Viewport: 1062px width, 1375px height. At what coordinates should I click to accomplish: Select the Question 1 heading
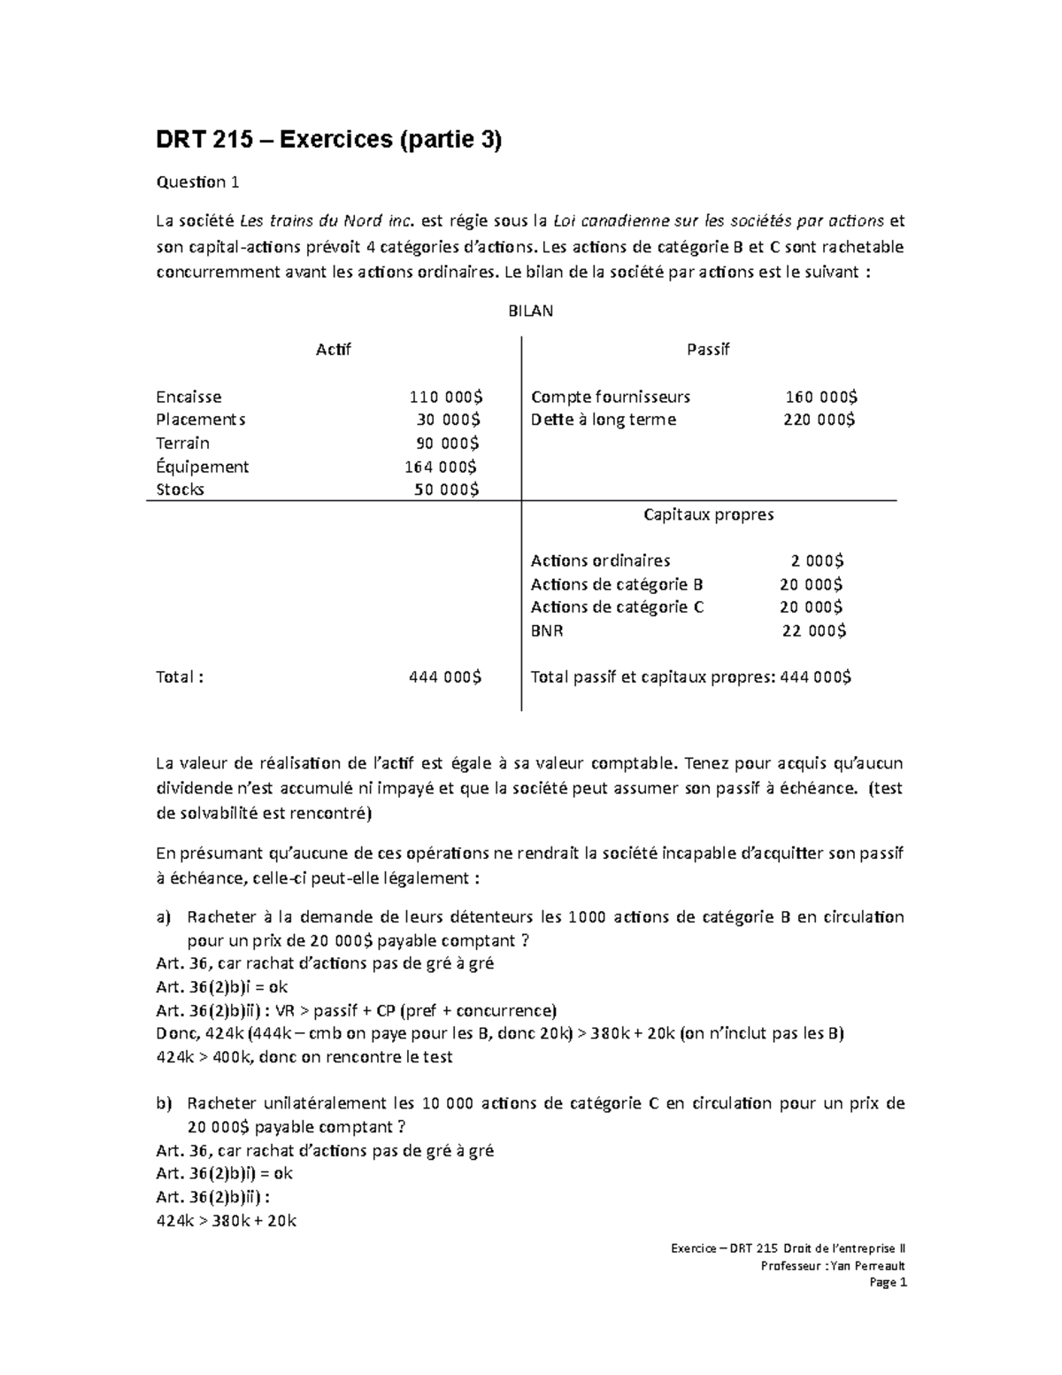coord(197,182)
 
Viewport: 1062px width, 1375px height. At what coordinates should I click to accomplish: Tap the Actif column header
coord(334,350)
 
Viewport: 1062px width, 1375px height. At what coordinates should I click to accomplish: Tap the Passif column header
coord(708,350)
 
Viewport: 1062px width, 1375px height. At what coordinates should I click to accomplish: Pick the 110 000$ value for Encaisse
coord(446,397)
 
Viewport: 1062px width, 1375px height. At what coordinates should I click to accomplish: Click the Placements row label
coord(201,420)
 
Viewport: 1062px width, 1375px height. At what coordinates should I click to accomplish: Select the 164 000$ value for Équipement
coord(441,467)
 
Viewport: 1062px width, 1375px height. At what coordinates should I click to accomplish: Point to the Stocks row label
coord(180,490)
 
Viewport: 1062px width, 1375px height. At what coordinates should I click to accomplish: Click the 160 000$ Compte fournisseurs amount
coord(821,397)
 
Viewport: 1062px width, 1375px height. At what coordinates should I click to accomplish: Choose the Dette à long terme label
coord(603,420)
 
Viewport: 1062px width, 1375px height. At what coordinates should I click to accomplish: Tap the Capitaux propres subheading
coord(708,514)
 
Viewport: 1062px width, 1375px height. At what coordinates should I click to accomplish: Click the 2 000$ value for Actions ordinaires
coord(817,560)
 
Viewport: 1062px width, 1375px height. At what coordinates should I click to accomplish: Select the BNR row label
coord(547,630)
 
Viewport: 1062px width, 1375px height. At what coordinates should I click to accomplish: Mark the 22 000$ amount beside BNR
coord(814,630)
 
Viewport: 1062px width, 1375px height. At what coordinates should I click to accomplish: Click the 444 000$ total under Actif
coord(445,677)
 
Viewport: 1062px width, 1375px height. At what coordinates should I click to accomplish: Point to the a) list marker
coord(163,917)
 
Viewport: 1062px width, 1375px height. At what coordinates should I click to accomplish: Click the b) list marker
coord(163,1104)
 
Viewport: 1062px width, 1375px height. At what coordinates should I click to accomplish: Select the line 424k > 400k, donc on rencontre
coord(304,1057)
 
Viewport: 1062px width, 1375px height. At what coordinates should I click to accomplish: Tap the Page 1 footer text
coord(889,1283)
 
